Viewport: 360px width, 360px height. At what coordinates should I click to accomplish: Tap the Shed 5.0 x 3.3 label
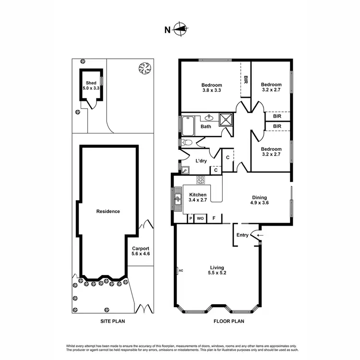click(91, 85)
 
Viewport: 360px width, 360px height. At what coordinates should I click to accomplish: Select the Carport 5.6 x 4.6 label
click(141, 251)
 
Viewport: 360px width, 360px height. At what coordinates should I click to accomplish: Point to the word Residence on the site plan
click(108, 211)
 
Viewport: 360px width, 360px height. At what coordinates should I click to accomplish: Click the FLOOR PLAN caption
click(228, 322)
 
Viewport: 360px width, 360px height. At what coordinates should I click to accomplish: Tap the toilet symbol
click(186, 143)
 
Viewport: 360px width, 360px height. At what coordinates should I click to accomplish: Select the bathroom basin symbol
click(210, 118)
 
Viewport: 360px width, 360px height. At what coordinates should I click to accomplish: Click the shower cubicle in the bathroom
click(226, 120)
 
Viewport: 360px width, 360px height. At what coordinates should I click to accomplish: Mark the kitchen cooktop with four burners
click(200, 180)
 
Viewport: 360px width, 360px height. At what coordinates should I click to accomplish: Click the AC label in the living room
click(181, 271)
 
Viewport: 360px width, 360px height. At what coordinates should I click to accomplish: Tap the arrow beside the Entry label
click(259, 235)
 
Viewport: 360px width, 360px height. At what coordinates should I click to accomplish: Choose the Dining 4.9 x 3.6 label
click(260, 200)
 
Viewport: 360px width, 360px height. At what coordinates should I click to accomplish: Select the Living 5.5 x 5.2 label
click(217, 271)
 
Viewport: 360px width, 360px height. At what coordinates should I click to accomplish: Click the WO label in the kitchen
click(200, 218)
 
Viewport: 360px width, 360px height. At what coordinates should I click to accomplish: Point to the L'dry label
click(201, 161)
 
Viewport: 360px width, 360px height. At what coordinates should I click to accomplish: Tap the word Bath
click(205, 127)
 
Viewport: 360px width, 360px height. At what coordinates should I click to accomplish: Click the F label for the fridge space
click(214, 218)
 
